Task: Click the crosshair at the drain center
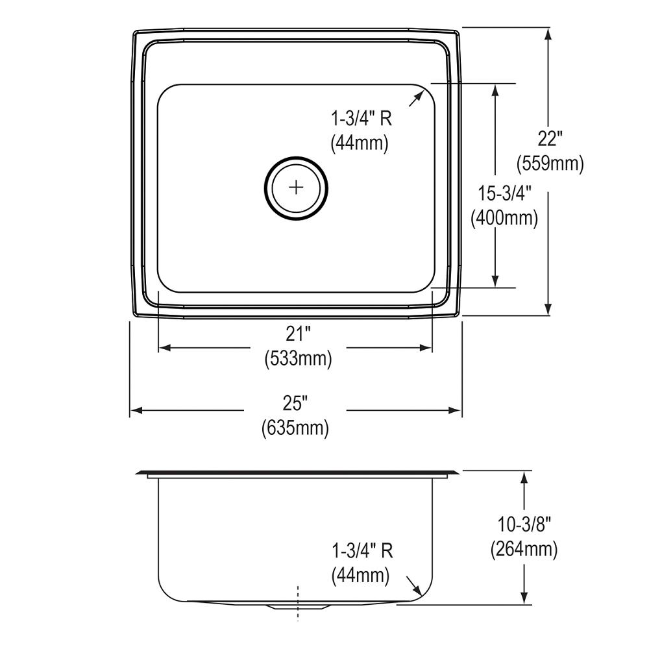point(296,188)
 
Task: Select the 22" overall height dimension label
point(550,139)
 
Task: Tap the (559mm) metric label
point(550,164)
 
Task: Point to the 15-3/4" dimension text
point(504,193)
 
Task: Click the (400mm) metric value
point(504,218)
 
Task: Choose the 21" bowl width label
point(298,334)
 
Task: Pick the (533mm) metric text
point(298,358)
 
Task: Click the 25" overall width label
point(295,404)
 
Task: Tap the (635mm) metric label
point(295,428)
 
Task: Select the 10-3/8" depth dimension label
point(523,524)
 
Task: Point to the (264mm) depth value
point(523,549)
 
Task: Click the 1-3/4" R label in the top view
point(362,119)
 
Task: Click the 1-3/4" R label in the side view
point(362,551)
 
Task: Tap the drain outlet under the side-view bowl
point(298,607)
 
